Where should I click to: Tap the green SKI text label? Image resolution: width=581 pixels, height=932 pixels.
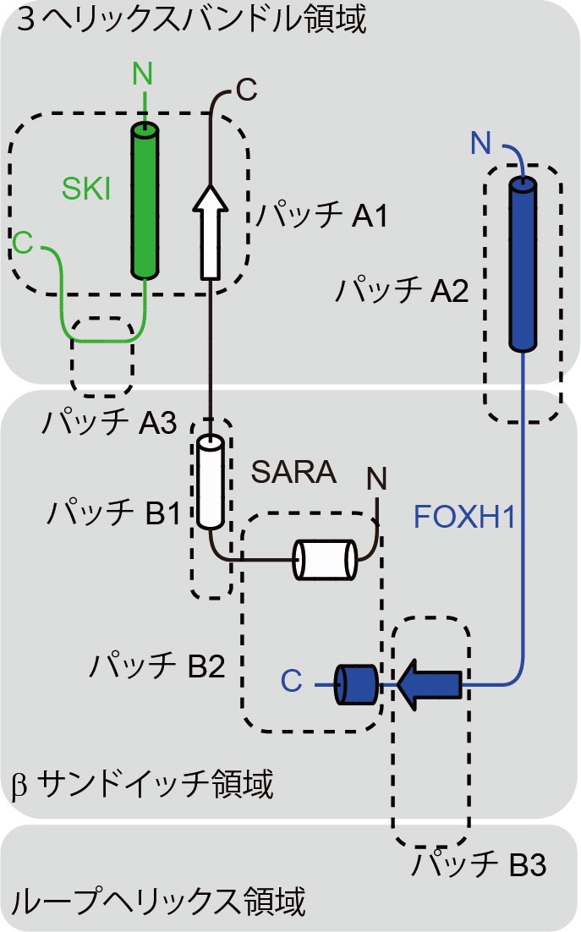point(85,189)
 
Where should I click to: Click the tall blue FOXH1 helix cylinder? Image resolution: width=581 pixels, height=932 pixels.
point(523,264)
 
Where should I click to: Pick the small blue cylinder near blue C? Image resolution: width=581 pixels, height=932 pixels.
point(355,683)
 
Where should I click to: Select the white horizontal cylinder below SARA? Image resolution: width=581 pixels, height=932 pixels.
point(324,560)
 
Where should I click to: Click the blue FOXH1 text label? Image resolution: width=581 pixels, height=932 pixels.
point(464,516)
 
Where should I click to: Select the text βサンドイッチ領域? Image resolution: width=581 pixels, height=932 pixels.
point(143,785)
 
